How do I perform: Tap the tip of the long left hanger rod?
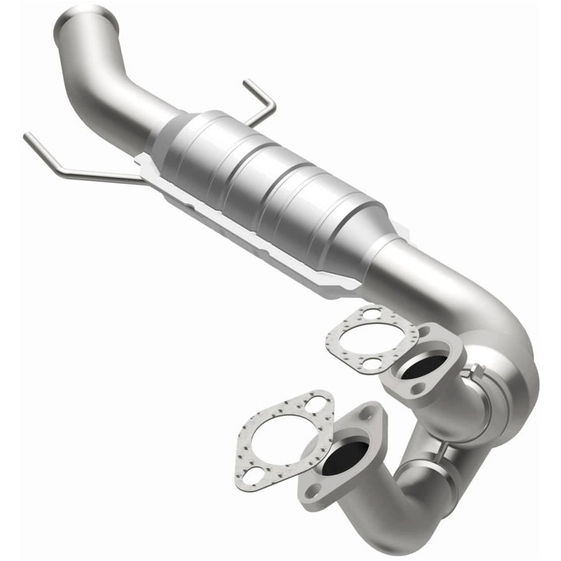(28, 137)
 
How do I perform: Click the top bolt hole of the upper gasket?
(372, 313)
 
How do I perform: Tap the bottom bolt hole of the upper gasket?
(372, 364)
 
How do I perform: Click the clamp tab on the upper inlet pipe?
(467, 374)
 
